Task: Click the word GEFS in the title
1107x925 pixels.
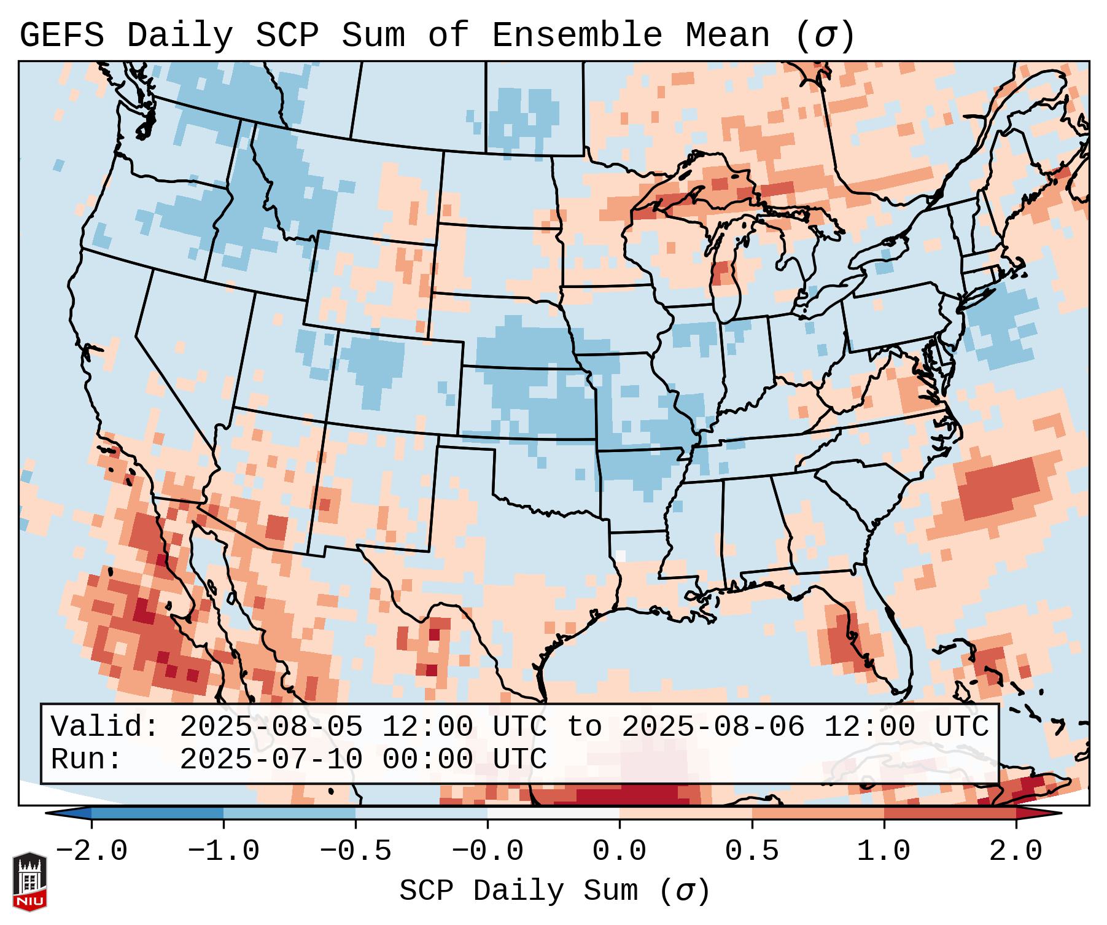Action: coord(61,36)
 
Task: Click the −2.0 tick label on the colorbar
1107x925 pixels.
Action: coord(91,851)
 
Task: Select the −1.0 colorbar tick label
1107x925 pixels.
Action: coord(223,851)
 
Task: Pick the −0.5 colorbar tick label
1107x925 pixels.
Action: coord(355,851)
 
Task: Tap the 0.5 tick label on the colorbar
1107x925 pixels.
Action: coord(752,851)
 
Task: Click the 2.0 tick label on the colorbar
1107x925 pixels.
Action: coord(1016,851)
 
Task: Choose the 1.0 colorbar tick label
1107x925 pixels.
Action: coord(884,851)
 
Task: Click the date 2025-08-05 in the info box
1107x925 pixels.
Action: coord(271,727)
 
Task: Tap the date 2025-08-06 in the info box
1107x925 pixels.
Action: coord(713,727)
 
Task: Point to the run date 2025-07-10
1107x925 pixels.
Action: coord(271,759)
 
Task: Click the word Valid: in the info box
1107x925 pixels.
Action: coord(105,727)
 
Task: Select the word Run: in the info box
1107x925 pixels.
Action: coord(87,759)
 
